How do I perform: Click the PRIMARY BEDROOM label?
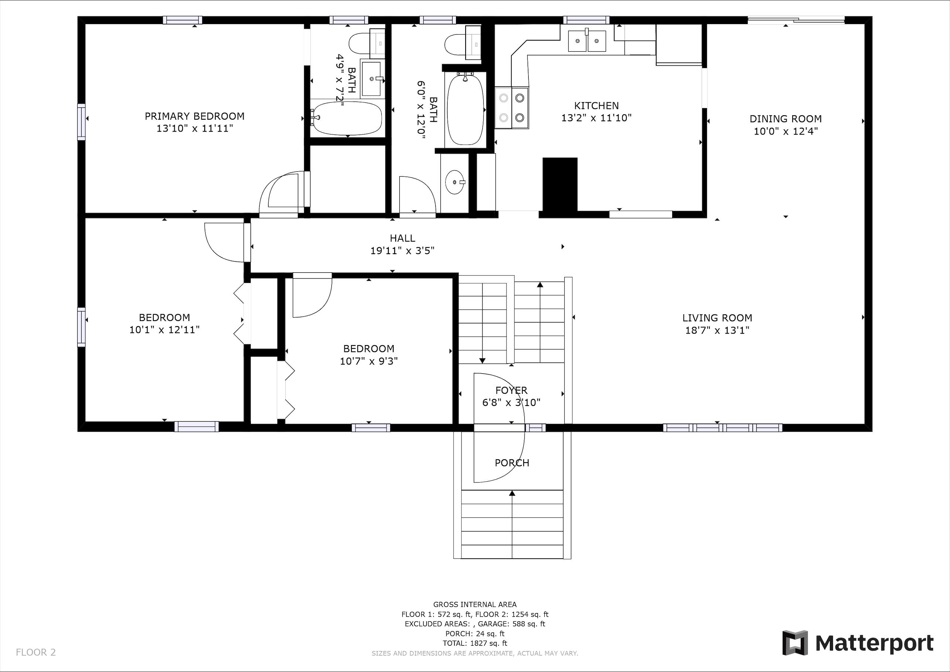coord(194,116)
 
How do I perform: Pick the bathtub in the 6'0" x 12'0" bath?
coord(466,109)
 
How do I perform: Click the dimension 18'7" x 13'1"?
coord(717,330)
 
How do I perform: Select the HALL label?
coord(402,238)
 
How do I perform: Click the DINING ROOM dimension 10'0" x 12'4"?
coord(785,131)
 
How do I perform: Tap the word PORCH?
coord(512,463)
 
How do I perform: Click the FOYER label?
coord(511,390)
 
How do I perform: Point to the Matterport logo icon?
coord(794,642)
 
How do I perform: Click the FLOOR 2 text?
coord(35,652)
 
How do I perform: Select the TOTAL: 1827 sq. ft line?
coord(474,643)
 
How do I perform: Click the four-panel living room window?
coord(722,428)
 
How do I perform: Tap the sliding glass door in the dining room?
coord(795,19)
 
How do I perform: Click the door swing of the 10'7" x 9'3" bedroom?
coord(311,296)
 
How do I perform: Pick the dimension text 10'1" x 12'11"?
coord(164,330)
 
